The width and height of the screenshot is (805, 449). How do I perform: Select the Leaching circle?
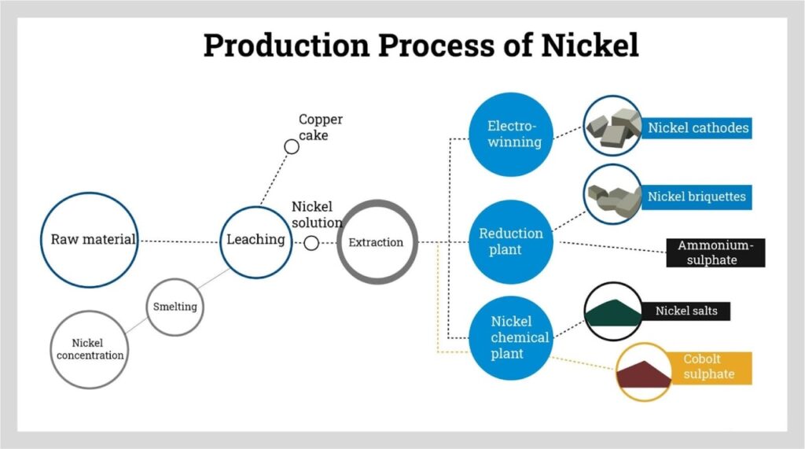tap(255, 239)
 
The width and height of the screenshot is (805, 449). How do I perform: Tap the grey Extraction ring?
tap(377, 242)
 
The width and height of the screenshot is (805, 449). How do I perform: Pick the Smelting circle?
tap(175, 307)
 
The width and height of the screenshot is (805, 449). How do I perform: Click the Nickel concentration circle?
tap(89, 349)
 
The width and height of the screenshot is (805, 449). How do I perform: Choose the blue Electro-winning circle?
tap(515, 134)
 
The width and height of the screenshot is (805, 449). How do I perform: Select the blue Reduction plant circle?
tap(511, 241)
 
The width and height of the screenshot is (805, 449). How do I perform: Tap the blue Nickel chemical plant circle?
tap(511, 337)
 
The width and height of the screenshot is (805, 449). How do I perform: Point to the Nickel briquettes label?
tap(697, 197)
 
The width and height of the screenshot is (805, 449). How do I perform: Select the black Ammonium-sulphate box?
tap(715, 252)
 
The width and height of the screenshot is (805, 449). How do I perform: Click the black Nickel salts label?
tap(686, 311)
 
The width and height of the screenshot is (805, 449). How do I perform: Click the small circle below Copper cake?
tap(292, 146)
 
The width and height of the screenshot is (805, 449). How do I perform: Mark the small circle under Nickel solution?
tap(311, 243)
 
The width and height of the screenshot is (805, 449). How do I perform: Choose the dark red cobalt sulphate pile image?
tap(645, 374)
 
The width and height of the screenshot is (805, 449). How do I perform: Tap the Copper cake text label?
tap(320, 127)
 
